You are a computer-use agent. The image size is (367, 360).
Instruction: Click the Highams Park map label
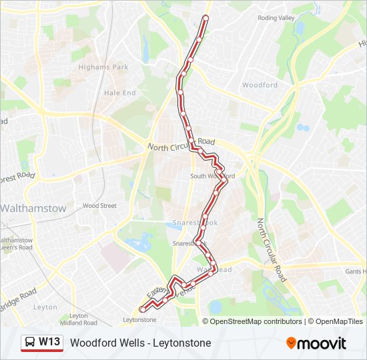click(x=103, y=67)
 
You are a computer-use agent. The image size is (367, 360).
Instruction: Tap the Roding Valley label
click(x=276, y=18)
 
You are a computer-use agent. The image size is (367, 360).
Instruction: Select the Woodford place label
click(x=260, y=85)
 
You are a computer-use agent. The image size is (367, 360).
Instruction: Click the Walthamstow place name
click(x=33, y=208)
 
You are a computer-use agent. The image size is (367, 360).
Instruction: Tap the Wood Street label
click(x=99, y=206)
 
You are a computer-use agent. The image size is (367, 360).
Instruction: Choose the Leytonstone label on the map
click(x=139, y=320)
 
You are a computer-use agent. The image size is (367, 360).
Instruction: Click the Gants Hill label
click(x=356, y=271)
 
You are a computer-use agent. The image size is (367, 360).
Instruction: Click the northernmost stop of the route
click(x=206, y=18)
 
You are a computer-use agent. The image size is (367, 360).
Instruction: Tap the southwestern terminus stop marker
click(x=142, y=309)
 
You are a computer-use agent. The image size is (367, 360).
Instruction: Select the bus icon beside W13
click(x=31, y=343)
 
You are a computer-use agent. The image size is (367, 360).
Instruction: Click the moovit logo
click(x=316, y=343)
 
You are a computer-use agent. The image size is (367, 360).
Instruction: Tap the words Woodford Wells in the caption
click(x=105, y=343)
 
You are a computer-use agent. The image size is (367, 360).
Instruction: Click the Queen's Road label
click(x=17, y=247)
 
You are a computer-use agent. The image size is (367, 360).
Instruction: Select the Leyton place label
click(x=45, y=307)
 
